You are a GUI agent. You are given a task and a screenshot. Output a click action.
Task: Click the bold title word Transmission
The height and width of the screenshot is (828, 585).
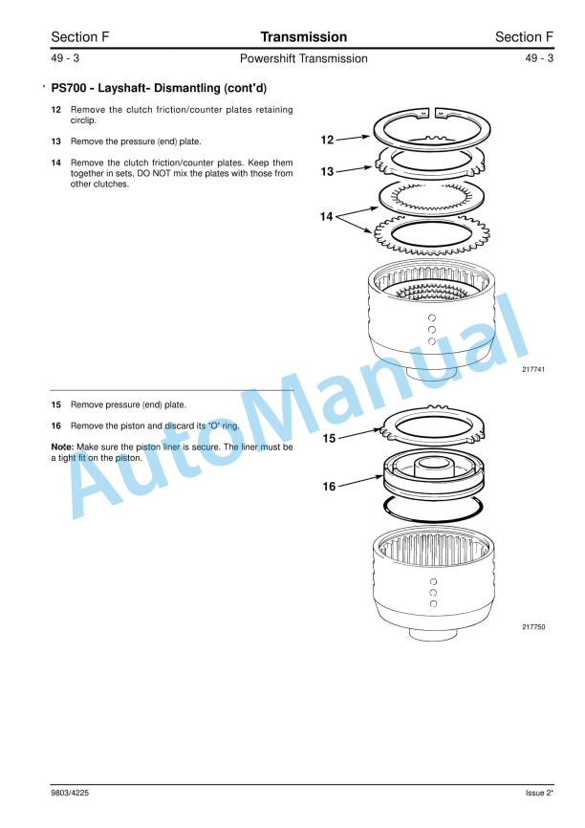click(303, 37)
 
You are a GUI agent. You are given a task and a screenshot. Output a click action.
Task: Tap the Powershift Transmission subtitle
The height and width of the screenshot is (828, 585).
click(303, 59)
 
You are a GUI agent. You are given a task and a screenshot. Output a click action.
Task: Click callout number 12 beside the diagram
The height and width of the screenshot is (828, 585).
click(327, 141)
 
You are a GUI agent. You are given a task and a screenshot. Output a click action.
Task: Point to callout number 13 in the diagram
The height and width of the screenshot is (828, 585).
click(327, 172)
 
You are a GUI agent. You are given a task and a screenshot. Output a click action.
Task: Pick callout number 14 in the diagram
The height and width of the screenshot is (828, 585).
click(327, 217)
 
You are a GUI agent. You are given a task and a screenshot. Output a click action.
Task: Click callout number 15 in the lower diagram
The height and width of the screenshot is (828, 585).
click(329, 439)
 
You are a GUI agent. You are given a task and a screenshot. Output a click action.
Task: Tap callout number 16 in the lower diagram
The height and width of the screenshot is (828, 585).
click(329, 486)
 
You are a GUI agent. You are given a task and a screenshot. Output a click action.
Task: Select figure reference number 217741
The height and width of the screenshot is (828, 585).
click(533, 370)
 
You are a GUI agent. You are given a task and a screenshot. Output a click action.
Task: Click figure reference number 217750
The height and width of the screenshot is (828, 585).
click(533, 627)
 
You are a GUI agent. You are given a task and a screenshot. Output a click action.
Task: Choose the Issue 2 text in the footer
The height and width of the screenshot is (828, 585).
click(539, 794)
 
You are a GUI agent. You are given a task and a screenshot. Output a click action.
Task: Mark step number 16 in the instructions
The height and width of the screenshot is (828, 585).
click(56, 425)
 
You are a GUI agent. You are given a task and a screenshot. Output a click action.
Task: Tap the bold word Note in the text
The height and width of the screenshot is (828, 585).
click(61, 447)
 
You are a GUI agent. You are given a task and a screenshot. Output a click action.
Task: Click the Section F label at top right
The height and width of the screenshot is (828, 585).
click(524, 37)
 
